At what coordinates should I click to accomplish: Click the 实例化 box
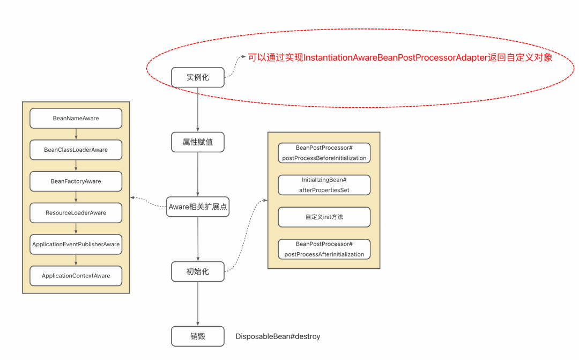click(x=198, y=77)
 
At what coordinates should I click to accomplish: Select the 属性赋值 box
click(x=198, y=143)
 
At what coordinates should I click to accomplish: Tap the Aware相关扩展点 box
click(x=198, y=207)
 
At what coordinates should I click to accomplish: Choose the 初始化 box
click(x=198, y=271)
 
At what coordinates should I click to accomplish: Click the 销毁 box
click(x=198, y=336)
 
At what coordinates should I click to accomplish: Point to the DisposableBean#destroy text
click(x=278, y=336)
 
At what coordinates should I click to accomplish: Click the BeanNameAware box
click(x=76, y=118)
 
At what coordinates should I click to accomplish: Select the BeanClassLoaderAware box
click(x=76, y=150)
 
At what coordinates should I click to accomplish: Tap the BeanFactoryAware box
click(x=76, y=181)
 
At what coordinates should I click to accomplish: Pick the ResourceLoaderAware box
click(x=76, y=212)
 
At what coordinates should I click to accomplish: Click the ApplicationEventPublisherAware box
click(x=76, y=244)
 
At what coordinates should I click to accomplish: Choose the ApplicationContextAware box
click(x=76, y=276)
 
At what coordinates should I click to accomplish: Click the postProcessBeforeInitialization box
click(x=324, y=152)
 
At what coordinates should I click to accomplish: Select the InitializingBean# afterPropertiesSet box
click(x=324, y=185)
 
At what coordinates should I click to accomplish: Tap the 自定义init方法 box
click(x=324, y=217)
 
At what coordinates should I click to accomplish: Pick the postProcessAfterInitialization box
click(x=324, y=249)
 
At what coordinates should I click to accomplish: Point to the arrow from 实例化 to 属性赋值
click(x=198, y=109)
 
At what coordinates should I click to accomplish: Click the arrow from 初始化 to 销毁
click(x=198, y=303)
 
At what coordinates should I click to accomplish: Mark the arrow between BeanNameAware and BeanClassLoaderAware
click(x=76, y=134)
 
